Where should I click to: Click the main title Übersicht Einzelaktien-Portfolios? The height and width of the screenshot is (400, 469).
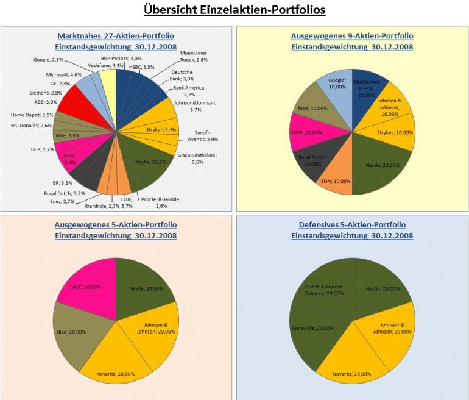[x=234, y=10]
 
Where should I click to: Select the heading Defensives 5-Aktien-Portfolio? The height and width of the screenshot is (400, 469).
[x=352, y=225]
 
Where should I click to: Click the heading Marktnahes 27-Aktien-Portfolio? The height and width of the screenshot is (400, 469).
[x=116, y=36]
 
